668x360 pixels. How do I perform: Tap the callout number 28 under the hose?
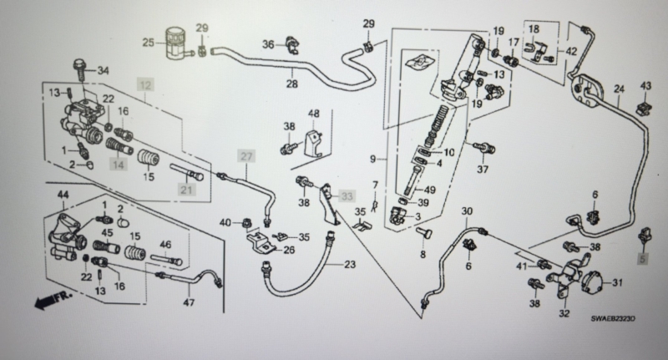(x=291, y=83)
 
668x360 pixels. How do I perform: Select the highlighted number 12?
(x=145, y=85)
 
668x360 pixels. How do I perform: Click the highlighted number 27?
(x=246, y=156)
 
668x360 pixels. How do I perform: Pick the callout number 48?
(x=314, y=114)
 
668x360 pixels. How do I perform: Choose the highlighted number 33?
(x=347, y=196)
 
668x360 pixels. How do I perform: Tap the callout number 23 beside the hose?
(x=350, y=265)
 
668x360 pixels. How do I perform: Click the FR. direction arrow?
(x=53, y=300)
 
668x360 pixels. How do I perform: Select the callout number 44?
(x=63, y=195)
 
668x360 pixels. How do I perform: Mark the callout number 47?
(x=189, y=302)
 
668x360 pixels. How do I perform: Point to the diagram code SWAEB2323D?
(x=613, y=319)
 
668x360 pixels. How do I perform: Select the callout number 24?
(x=619, y=89)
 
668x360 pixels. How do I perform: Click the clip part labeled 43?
(x=644, y=109)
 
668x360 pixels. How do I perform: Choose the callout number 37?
(x=482, y=169)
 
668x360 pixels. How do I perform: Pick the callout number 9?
(x=372, y=159)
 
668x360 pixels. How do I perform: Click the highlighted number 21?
(x=186, y=189)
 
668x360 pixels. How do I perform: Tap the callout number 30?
(x=467, y=210)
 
